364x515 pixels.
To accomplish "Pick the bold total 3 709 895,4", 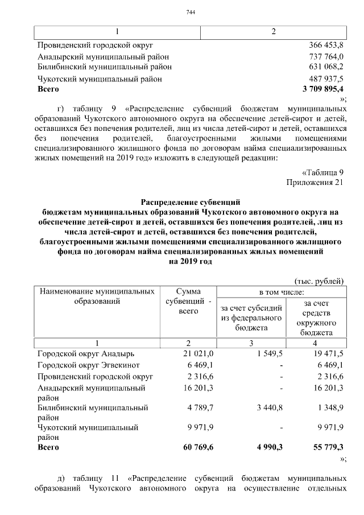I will pyautogui.click(x=322, y=89).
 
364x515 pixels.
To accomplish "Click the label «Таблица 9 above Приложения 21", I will pyautogui.click(x=322, y=172).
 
